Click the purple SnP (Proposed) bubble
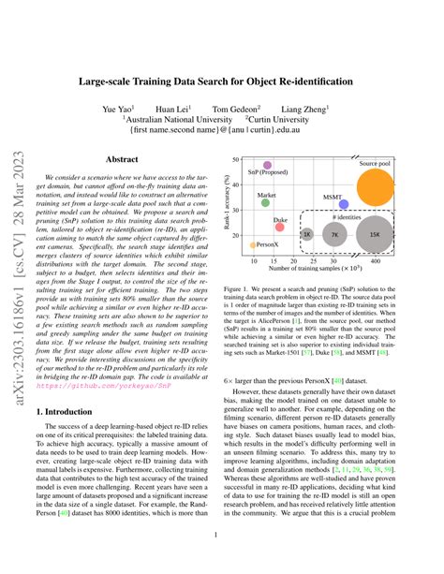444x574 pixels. (268, 166)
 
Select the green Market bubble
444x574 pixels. (265, 201)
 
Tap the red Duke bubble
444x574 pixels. (280, 228)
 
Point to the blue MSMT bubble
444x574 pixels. (344, 203)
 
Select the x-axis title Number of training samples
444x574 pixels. (320, 269)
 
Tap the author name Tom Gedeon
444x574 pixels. (236, 109)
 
